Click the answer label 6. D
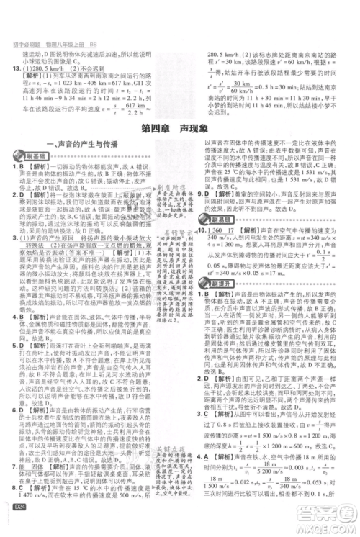pos(15,405)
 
